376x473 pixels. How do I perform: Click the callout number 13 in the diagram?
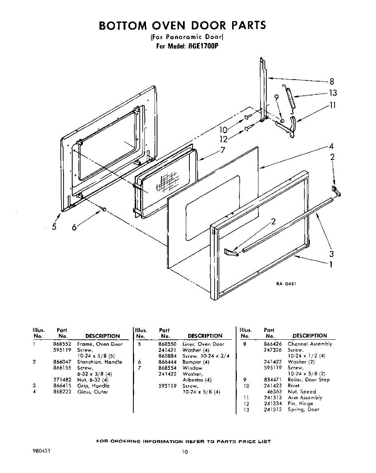point(333,93)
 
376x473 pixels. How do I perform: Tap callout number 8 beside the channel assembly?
point(332,82)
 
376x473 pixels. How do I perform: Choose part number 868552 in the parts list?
point(61,344)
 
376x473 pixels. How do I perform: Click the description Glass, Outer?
point(92,392)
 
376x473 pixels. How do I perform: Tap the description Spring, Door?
point(303,410)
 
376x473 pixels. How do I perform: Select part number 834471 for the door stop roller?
point(273,380)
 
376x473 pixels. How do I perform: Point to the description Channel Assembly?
point(310,344)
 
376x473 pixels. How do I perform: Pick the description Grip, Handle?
point(93,386)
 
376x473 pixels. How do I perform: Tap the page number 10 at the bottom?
point(185,452)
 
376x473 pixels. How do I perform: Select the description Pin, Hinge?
point(300,404)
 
